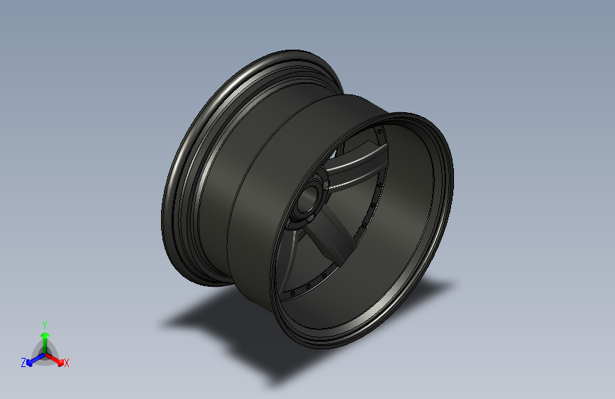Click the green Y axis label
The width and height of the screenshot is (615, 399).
tap(44, 325)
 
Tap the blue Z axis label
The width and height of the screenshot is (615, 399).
tap(23, 363)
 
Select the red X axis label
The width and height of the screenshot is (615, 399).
tap(66, 363)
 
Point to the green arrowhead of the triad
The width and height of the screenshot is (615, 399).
tap(45, 335)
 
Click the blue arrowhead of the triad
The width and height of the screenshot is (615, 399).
tap(31, 363)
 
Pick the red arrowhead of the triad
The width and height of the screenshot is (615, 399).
tap(60, 363)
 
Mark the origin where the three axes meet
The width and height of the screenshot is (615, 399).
tap(45, 354)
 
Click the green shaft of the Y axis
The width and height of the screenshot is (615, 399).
tap(45, 346)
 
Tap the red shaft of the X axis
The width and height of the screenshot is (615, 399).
tap(52, 358)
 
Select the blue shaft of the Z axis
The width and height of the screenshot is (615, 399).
tap(38, 358)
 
